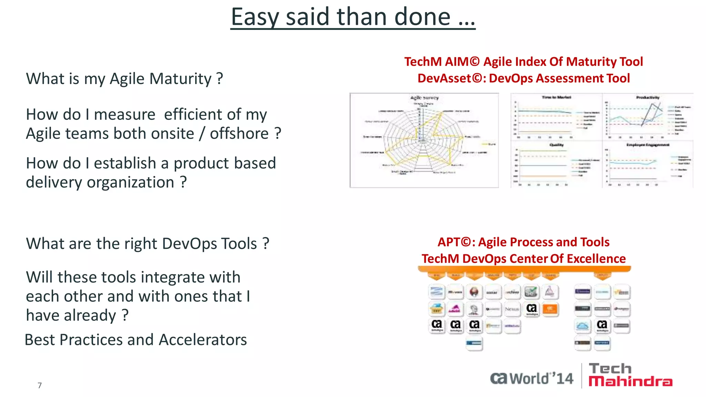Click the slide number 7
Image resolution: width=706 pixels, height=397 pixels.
point(40,385)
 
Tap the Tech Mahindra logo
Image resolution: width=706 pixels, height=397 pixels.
point(630,375)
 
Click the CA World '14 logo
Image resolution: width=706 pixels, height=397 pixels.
point(532,378)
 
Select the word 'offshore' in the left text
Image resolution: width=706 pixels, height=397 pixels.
point(239,134)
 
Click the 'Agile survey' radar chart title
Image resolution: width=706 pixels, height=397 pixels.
point(424,98)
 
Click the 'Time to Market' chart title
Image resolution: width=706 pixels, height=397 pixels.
point(556,98)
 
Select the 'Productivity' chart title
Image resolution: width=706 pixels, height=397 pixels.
point(648,98)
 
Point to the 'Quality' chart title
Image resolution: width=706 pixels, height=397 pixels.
point(556,145)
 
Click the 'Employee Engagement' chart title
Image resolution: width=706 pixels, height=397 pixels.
point(648,145)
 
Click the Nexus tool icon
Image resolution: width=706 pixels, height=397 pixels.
point(512,309)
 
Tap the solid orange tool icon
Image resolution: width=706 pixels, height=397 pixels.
point(550,309)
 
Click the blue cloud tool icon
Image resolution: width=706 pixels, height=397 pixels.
point(583,326)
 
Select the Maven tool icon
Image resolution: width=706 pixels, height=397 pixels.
point(455,292)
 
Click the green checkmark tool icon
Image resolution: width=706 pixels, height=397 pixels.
point(531,292)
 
